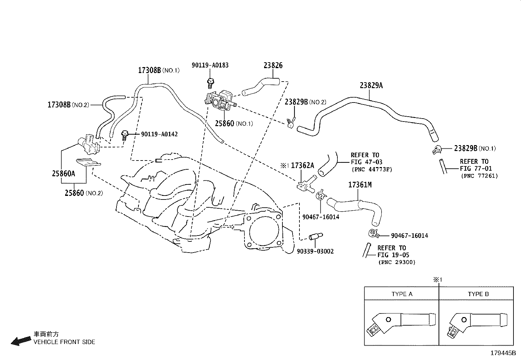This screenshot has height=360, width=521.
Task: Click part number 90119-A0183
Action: point(210,65)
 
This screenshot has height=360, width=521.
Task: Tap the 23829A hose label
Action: point(371,85)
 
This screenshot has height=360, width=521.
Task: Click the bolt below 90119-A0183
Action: point(210,83)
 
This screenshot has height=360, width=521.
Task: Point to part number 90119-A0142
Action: point(159,134)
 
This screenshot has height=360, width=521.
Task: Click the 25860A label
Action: point(63,174)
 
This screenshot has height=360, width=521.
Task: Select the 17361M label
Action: point(360,185)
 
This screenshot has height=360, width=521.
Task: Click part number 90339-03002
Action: point(315,251)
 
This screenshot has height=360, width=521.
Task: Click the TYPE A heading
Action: point(402,294)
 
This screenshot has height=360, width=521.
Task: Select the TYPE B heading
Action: point(478,294)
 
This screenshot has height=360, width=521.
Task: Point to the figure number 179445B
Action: point(502,353)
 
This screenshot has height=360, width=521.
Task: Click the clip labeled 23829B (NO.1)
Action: point(437,150)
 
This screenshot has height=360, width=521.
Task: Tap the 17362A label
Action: point(302,165)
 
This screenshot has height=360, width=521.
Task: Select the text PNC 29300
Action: point(396,262)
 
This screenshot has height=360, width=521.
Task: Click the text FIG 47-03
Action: point(366,162)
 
